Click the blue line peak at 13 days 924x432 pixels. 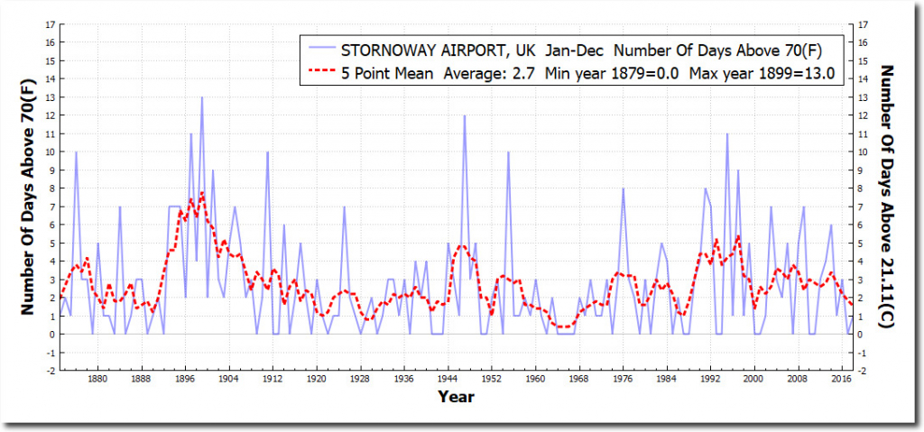[201, 97]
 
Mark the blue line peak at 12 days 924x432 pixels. [465, 115]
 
